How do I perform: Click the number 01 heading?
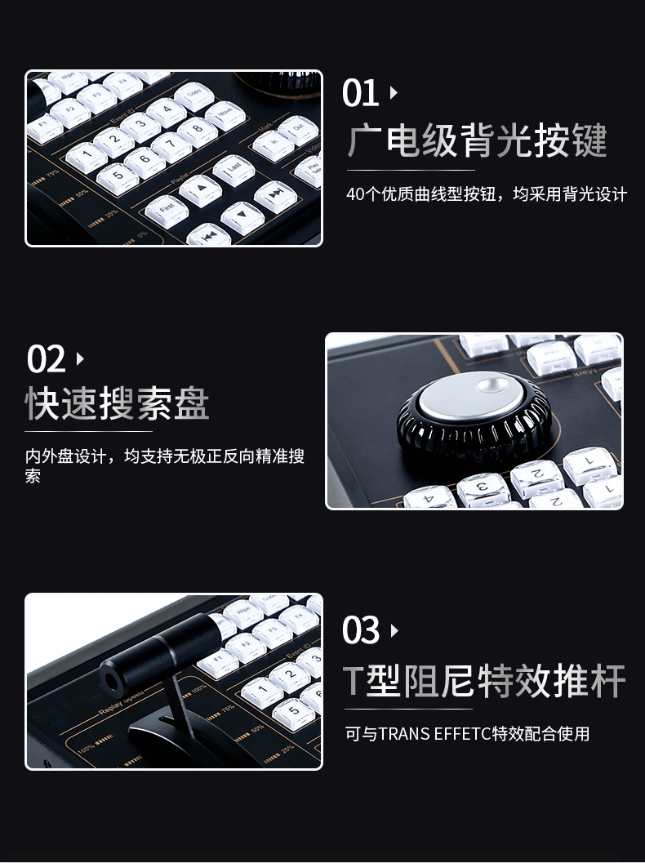point(360,93)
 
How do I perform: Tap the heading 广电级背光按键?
point(478,140)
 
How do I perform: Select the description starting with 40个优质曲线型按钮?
point(486,194)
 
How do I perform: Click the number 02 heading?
point(46,359)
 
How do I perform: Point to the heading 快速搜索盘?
point(117,404)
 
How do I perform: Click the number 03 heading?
point(361,631)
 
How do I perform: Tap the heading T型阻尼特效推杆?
point(483,680)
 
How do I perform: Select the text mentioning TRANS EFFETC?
point(466,734)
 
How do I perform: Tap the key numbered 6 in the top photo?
point(146,160)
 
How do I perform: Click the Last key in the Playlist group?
point(234,169)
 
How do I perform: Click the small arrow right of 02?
point(80,358)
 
